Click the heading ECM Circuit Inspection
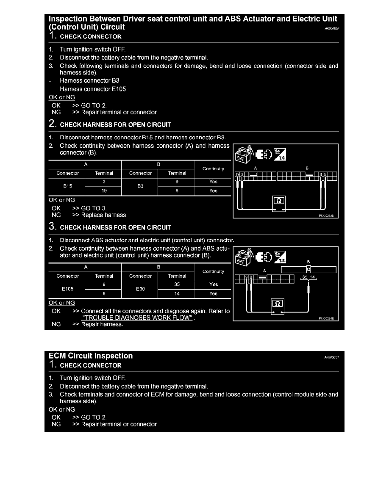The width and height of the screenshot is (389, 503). click(91, 356)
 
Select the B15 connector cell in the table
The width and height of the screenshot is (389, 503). click(67, 186)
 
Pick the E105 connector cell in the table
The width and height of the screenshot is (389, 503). click(67, 289)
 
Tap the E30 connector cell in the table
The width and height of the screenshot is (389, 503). click(140, 289)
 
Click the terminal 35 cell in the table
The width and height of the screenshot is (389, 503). click(177, 285)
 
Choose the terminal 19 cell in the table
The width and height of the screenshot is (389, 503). click(104, 191)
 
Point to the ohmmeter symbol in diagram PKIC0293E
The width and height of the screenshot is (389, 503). click(279, 200)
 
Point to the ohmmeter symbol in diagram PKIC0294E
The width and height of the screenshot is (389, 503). click(278, 303)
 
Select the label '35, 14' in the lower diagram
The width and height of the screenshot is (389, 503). click(308, 277)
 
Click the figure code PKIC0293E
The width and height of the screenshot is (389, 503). click(326, 216)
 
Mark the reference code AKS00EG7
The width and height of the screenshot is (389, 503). click(331, 357)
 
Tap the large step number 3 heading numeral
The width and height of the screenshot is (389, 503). click(53, 227)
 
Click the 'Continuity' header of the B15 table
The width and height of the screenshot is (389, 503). click(213, 169)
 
